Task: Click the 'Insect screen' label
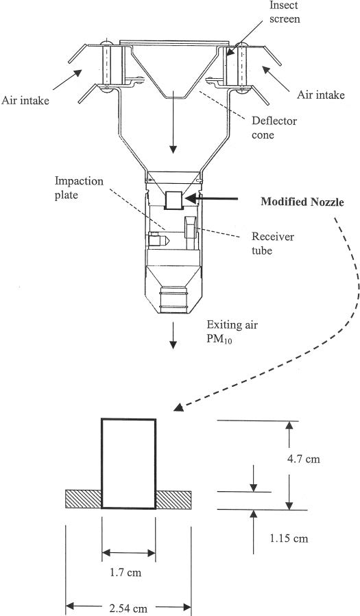click(x=283, y=12)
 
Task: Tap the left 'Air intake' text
click(x=25, y=101)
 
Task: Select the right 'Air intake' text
click(x=320, y=95)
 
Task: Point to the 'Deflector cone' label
click(x=274, y=128)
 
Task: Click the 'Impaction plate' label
click(x=80, y=188)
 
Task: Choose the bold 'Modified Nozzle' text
click(x=302, y=202)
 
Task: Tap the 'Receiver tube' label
click(x=272, y=244)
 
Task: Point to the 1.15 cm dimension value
click(x=289, y=538)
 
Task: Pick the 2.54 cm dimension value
click(x=128, y=608)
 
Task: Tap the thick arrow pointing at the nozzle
click(x=212, y=199)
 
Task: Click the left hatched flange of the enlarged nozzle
click(x=84, y=499)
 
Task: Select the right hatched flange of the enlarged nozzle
click(x=173, y=499)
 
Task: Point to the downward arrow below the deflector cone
click(x=173, y=126)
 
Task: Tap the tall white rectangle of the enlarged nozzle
click(x=129, y=464)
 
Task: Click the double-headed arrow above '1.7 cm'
click(x=129, y=553)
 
